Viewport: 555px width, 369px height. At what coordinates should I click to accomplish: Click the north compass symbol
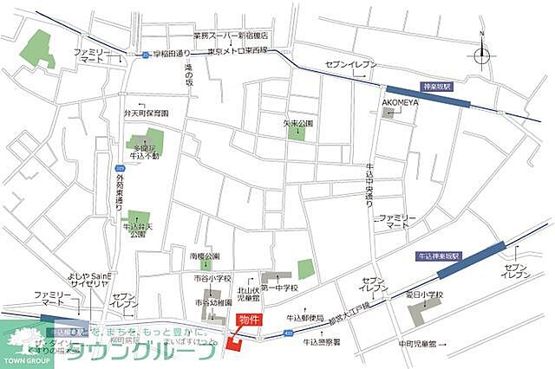(482, 52)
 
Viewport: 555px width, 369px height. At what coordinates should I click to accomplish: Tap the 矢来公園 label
(297, 123)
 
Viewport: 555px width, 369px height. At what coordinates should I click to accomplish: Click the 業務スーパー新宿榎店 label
(231, 36)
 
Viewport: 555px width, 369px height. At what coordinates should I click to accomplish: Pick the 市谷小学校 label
(212, 278)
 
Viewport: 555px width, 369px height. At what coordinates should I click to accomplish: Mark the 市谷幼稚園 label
(212, 302)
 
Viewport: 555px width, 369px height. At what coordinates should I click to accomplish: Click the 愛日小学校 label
(422, 295)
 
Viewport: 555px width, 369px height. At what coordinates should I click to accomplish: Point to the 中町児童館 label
(417, 343)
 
